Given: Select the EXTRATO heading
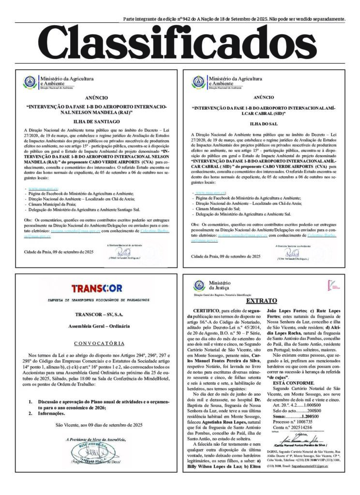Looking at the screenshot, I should pyautogui.click(x=268, y=301).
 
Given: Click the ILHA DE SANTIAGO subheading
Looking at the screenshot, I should pyautogui.click(x=99, y=121).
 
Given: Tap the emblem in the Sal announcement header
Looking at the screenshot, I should pyautogui.click(x=198, y=82).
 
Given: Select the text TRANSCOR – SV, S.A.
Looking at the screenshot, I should pyautogui.click(x=99, y=314).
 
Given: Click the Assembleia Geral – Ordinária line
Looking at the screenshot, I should pyautogui.click(x=99, y=327).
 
